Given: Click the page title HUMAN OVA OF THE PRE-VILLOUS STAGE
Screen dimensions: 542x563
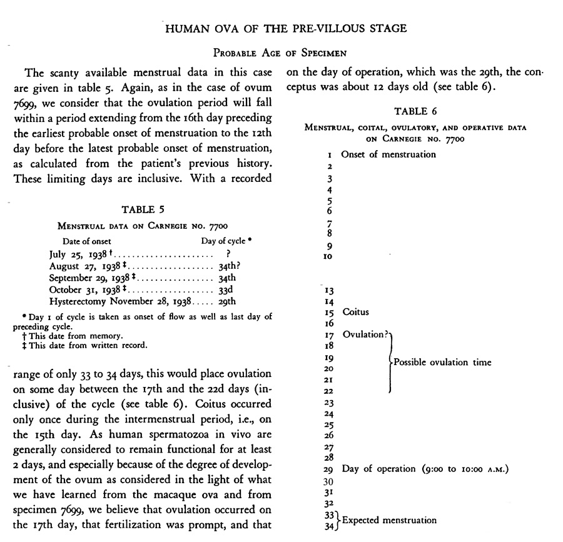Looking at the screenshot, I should (x=285, y=28).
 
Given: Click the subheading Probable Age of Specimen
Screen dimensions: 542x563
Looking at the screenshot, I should (x=285, y=52).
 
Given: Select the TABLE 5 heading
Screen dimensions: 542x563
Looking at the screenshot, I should (x=144, y=209).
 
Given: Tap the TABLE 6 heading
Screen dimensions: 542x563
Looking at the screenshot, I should (x=415, y=112).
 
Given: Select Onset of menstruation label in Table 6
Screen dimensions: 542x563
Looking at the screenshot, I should (x=388, y=154).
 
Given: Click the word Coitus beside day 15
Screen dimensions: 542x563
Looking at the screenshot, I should (x=355, y=312).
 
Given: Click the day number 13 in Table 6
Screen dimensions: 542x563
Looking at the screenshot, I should (x=329, y=290).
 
